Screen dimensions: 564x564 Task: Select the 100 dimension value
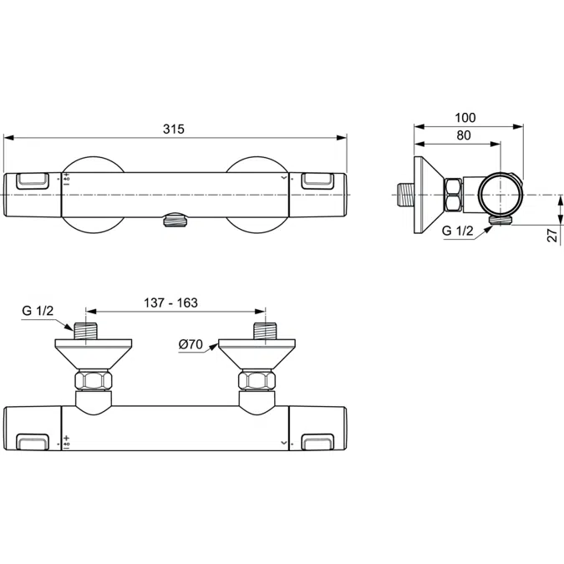click(465, 118)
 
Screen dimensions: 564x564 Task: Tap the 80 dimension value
click(464, 135)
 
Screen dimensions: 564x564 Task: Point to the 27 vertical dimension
click(552, 236)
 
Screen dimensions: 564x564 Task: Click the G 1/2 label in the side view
click(457, 231)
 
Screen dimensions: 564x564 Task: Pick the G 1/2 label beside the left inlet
click(36, 312)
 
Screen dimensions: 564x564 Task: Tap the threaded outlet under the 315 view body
click(175, 220)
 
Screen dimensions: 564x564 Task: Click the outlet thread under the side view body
click(501, 221)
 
